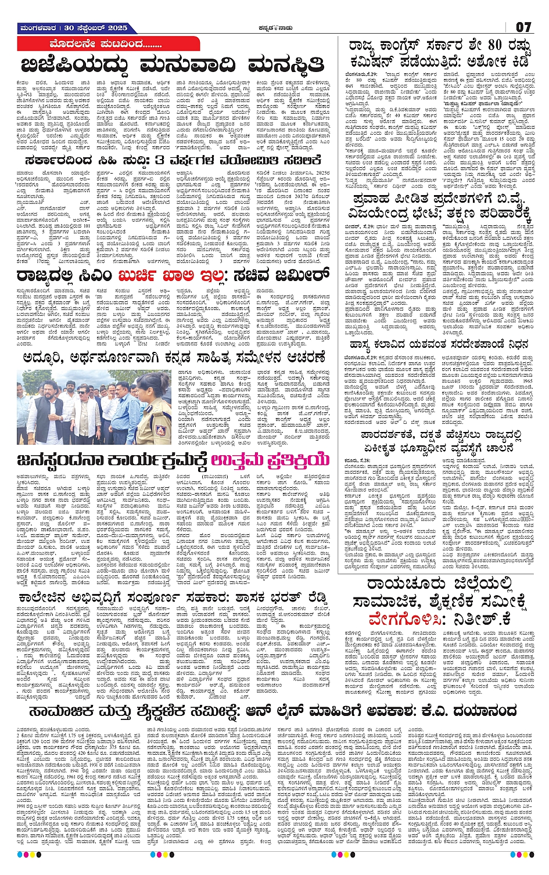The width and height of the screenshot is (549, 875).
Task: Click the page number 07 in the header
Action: coord(523,27)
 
